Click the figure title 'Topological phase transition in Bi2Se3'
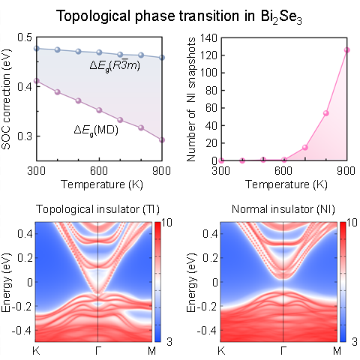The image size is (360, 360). point(179,16)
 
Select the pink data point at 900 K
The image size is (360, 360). point(346,50)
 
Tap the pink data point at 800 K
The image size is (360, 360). point(326,113)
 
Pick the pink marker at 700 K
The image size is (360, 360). point(305,148)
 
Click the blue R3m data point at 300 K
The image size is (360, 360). point(37,48)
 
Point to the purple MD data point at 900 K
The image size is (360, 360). point(162,140)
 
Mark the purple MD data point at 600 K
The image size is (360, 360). point(99,110)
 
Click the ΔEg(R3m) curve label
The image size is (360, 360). point(115,65)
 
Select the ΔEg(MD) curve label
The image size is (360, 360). point(96,130)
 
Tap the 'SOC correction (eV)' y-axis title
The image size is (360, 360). point(6,99)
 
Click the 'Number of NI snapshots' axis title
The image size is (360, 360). point(191,99)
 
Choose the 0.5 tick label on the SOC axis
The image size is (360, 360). point(25,37)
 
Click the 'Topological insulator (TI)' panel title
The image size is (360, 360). point(97,209)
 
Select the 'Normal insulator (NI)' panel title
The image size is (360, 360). point(283,209)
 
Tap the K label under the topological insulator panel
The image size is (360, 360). point(36,351)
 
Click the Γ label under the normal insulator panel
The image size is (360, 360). point(283,351)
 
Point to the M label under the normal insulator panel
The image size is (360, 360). point(337,351)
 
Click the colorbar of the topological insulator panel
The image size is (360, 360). point(157,282)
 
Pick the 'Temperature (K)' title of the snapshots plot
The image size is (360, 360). point(286,184)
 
